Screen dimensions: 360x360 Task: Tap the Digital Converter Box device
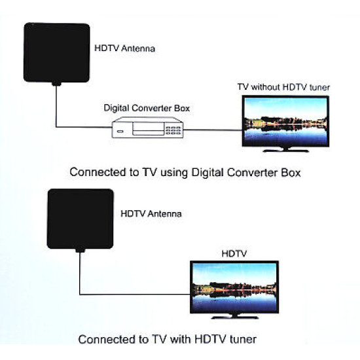(147, 128)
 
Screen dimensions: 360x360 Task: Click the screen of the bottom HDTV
(234, 285)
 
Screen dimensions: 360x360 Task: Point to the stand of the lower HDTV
(234, 315)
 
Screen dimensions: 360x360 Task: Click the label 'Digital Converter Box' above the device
(147, 107)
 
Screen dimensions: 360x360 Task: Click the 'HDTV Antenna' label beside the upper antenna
(124, 48)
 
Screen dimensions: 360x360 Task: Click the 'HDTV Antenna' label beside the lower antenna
(151, 213)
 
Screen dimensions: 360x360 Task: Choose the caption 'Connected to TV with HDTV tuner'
(167, 340)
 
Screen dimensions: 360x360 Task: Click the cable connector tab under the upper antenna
(57, 84)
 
